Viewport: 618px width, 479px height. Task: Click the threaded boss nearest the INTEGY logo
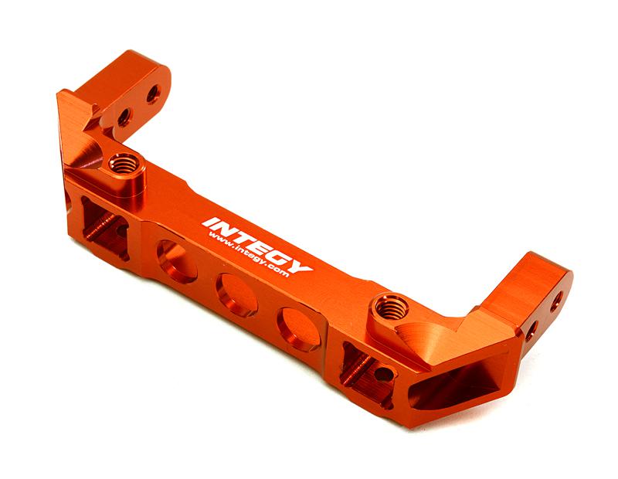(122, 165)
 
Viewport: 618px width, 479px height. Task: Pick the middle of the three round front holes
(236, 294)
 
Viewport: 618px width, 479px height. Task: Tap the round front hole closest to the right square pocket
(298, 327)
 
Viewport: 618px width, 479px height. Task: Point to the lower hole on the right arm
(531, 331)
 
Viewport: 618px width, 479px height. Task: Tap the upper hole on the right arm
(555, 302)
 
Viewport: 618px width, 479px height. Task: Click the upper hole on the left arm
(154, 93)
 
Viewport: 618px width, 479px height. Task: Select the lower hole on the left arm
(123, 117)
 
